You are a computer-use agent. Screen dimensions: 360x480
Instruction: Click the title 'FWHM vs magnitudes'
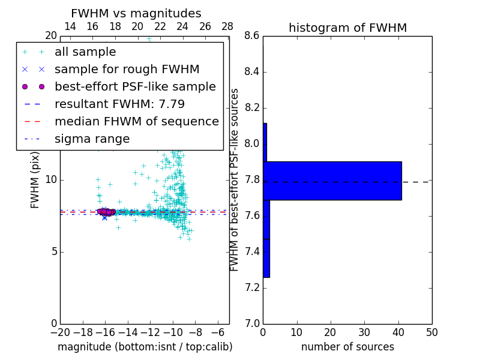pyautogui.click(x=136, y=14)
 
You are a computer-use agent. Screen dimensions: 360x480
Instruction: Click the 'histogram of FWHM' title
pyautogui.click(x=347, y=28)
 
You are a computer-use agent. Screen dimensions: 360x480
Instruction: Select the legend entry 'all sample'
pyautogui.click(x=85, y=52)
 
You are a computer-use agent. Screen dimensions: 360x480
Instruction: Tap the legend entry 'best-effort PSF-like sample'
pyautogui.click(x=135, y=86)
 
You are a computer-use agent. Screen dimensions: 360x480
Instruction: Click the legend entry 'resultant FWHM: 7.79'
pyautogui.click(x=119, y=104)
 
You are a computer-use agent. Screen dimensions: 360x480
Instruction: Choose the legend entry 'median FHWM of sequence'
pyautogui.click(x=136, y=121)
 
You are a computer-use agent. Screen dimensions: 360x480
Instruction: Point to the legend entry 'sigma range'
pyautogui.click(x=92, y=139)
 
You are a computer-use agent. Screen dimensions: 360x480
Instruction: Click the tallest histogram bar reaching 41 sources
pyautogui.click(x=332, y=181)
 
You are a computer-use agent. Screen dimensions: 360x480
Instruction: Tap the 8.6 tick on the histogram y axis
pyautogui.click(x=253, y=36)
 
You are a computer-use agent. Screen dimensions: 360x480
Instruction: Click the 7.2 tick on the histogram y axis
pyautogui.click(x=253, y=287)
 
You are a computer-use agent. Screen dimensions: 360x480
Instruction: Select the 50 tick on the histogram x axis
pyautogui.click(x=431, y=332)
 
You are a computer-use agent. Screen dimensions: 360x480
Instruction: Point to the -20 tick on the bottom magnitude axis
pyautogui.click(x=60, y=332)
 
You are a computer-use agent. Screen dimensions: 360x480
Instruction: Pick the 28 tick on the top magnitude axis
pyautogui.click(x=227, y=26)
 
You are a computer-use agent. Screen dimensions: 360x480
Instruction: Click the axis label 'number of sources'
pyautogui.click(x=347, y=347)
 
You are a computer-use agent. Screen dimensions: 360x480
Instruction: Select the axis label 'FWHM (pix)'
pyautogui.click(x=35, y=180)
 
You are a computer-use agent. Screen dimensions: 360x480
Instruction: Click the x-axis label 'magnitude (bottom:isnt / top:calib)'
pyautogui.click(x=145, y=347)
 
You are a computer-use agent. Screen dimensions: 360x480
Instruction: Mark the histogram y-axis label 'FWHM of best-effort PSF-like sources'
pyautogui.click(x=235, y=180)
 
